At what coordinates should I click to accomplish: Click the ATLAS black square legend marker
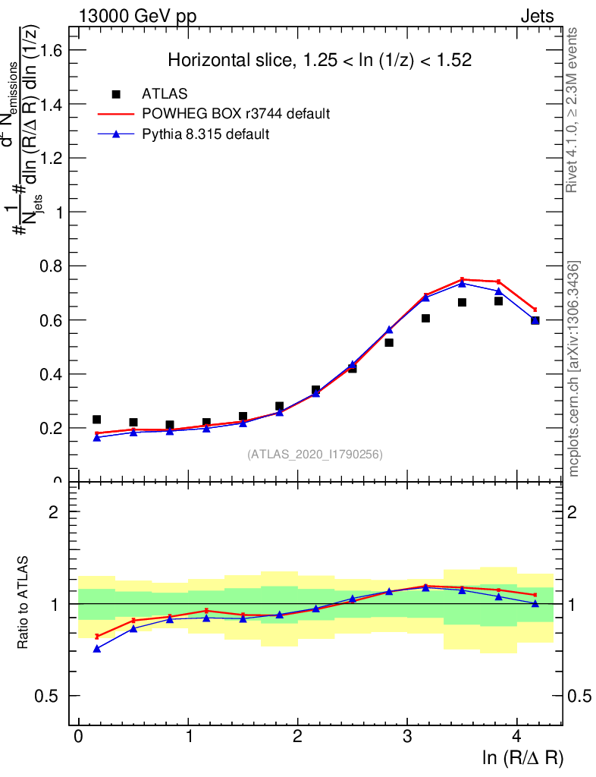[x=116, y=94]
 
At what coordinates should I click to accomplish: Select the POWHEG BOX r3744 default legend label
[x=236, y=114]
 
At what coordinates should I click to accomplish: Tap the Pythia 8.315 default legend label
[x=206, y=134]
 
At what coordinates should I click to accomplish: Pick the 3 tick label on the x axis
[x=407, y=737]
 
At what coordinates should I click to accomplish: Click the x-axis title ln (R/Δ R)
[x=522, y=757]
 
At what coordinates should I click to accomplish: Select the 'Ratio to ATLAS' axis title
[x=24, y=603]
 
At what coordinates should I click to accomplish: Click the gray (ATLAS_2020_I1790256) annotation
[x=315, y=455]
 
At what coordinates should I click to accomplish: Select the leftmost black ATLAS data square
[x=97, y=420]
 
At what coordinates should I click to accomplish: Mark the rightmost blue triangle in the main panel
[x=535, y=321]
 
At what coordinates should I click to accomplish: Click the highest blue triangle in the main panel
[x=462, y=283]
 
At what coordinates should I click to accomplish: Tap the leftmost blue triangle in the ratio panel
[x=97, y=649]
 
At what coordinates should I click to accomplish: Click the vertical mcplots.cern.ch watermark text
[x=574, y=369]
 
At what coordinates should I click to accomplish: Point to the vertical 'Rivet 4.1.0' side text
[x=573, y=110]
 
